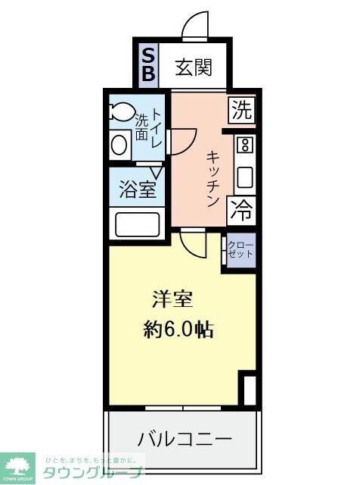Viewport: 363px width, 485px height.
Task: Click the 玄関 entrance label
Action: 193,67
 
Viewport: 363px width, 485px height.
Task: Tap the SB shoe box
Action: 148,64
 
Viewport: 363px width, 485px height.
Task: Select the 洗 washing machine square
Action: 242,111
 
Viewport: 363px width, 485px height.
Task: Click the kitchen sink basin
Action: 245,177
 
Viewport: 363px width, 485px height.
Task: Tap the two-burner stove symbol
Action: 245,145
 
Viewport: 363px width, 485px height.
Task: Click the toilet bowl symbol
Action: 121,112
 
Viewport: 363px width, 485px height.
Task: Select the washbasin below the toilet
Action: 119,143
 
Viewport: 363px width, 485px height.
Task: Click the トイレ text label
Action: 157,127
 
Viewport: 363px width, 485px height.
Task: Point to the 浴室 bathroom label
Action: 138,189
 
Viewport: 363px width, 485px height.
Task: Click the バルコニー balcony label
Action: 185,438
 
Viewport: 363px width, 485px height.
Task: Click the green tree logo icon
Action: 21,466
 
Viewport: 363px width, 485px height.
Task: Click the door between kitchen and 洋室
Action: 194,242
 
